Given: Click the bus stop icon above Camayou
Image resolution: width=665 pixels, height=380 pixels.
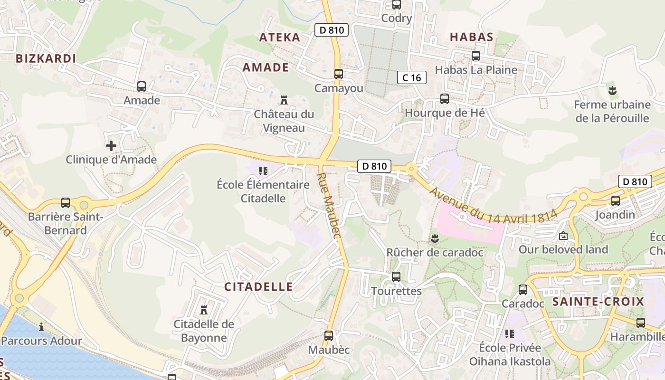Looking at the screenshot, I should tap(338, 74).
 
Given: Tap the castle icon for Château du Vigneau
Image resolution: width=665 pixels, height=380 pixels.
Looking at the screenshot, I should tap(284, 100).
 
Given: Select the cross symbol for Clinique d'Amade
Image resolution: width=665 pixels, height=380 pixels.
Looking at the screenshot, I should tap(111, 146).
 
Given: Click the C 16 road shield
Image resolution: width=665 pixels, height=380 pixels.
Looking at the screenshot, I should tap(411, 77).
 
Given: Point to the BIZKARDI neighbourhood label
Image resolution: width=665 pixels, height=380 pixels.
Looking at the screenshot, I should tap(46, 58).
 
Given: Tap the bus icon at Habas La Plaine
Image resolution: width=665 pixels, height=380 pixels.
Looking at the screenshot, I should tap(476, 56).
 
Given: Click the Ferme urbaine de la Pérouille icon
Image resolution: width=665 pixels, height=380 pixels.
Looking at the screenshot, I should tap(612, 90).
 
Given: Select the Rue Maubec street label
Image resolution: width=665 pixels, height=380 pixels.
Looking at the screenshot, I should tap(329, 205).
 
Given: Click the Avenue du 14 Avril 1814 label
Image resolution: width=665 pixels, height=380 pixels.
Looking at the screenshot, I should tap(493, 205).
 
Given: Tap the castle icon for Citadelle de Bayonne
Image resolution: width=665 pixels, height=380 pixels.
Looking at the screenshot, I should tap(204, 310).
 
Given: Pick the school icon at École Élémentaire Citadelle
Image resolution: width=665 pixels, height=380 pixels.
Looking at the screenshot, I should tap(263, 171).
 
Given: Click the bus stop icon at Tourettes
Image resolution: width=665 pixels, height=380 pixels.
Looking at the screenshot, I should tap(396, 276).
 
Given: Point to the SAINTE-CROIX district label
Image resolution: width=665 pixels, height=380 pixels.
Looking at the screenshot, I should tap(598, 302).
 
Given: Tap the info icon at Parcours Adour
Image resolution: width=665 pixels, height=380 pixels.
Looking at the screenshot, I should tap(41, 326).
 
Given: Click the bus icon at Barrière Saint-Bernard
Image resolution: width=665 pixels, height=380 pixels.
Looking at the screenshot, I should tap(66, 203).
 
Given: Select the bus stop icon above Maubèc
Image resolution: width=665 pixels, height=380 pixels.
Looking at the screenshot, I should tap(329, 336).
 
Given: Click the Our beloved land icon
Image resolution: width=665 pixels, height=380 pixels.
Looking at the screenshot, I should tap(563, 235).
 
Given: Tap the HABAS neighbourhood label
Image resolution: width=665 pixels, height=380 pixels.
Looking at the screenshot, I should tap(471, 37).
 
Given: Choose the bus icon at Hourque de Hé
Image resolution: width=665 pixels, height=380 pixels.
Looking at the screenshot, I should tap(445, 99).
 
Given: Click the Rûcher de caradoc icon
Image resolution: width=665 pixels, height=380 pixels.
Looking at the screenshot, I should tap(434, 237).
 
